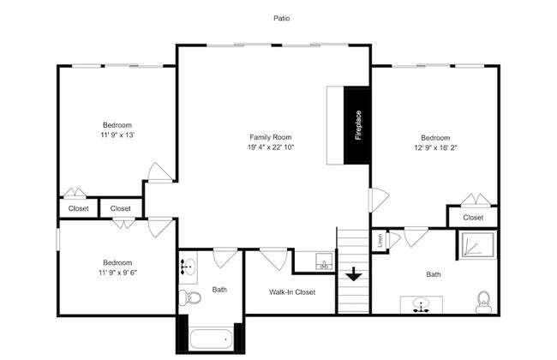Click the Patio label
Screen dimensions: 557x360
[x=281, y=18]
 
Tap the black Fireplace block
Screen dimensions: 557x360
[x=357, y=125]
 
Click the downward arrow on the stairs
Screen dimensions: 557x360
[x=354, y=274]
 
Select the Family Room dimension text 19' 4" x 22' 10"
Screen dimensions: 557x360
[x=271, y=147]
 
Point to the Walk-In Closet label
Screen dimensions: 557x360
[x=292, y=292]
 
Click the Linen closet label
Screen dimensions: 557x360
[x=380, y=241]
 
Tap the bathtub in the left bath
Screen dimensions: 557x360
[x=211, y=339]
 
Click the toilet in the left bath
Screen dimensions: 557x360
[x=189, y=297]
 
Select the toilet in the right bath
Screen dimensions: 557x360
[x=483, y=303]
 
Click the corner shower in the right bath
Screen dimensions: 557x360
[x=476, y=244]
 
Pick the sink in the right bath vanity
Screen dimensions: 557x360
[x=421, y=305]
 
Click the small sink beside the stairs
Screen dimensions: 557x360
[x=324, y=261]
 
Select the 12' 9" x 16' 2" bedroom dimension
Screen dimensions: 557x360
[x=435, y=147]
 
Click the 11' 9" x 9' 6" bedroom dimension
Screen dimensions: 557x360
[x=117, y=273]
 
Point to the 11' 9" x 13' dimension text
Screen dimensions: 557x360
[x=117, y=135]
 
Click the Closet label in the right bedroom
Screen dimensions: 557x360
[x=473, y=218]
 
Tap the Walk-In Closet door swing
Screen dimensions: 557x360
[x=273, y=258]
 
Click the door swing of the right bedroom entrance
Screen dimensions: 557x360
[x=380, y=200]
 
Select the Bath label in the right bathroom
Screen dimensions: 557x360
[x=434, y=274]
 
